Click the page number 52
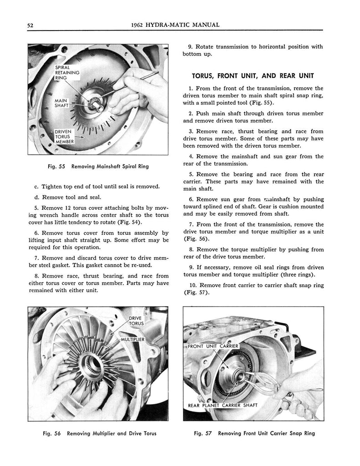pos(30,25)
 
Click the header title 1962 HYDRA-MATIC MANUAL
pos(175,25)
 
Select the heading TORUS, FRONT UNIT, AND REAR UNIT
pos(253,76)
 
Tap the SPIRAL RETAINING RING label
pos(67,72)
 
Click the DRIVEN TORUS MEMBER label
pos(63,136)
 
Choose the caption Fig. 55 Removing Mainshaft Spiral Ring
pos(98,167)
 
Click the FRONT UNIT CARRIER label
pos(217,346)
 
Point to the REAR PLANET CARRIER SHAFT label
pos(223,405)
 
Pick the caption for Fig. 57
pos(254,433)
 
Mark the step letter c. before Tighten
pos(36,187)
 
